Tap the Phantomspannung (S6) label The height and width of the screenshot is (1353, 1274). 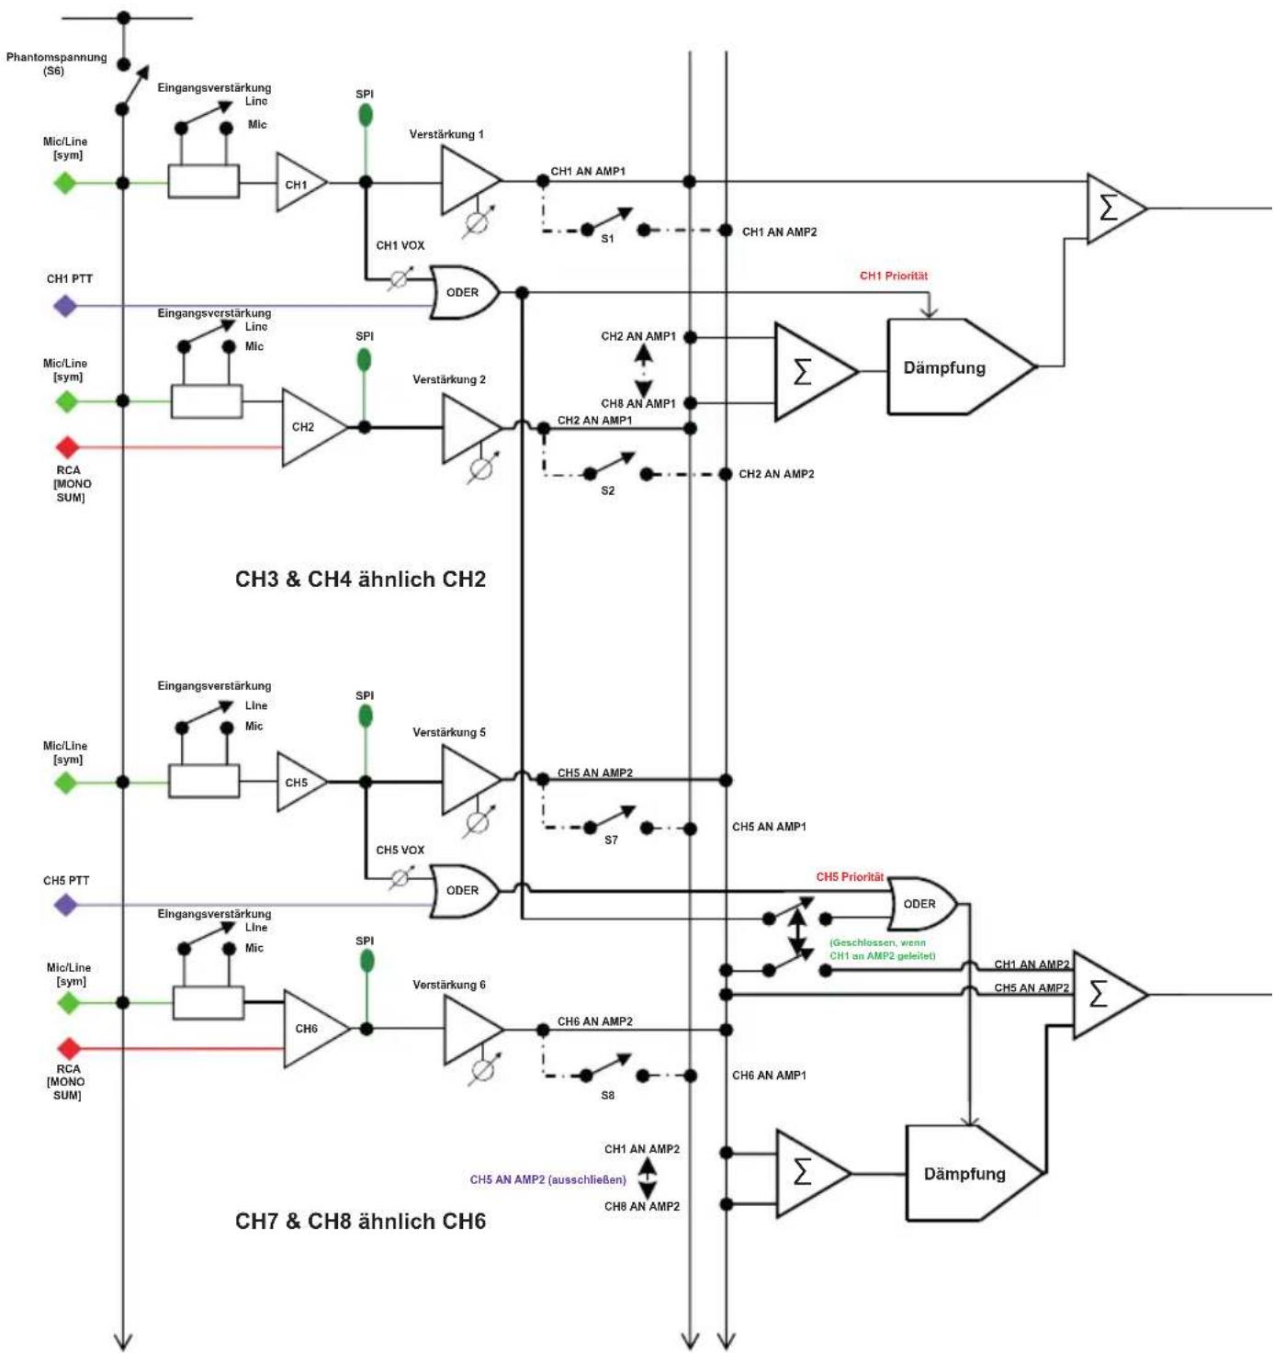56,63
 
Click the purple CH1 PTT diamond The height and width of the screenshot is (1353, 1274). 65,306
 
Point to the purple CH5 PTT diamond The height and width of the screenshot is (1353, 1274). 65,905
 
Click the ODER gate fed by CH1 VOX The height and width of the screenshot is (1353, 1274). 463,292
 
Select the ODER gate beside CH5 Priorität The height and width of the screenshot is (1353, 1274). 921,904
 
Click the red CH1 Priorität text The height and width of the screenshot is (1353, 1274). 893,276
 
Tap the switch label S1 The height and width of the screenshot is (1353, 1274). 607,239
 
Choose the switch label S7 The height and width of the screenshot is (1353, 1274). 611,840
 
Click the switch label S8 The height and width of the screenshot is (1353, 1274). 608,1096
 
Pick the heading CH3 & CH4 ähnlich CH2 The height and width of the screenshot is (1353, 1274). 360,579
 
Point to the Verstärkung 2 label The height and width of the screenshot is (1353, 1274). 449,379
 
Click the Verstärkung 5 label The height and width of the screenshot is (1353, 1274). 449,732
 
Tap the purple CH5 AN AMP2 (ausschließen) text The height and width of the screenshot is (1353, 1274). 547,1180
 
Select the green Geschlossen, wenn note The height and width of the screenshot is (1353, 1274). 883,949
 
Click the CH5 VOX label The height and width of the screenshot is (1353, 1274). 400,851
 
